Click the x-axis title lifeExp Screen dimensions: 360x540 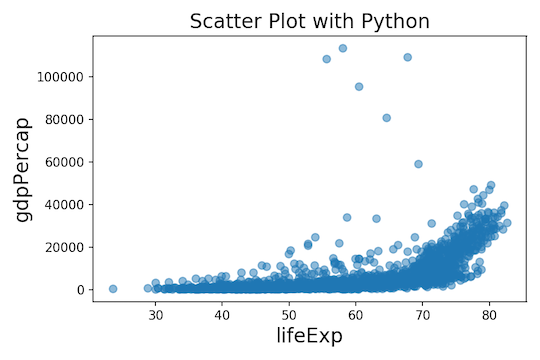coord(309,335)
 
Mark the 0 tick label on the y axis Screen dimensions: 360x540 coord(79,290)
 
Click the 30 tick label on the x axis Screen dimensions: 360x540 coord(156,312)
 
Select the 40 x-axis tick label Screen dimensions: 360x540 coord(223,312)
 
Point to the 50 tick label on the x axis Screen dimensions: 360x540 coord(289,312)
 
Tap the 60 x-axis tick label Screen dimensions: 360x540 coord(356,312)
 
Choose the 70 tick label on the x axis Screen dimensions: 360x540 coord(423,312)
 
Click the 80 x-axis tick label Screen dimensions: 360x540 coord(489,312)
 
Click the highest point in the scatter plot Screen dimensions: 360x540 coord(343,48)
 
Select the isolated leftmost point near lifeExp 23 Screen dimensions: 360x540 coord(113,289)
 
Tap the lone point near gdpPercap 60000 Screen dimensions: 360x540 coord(418,164)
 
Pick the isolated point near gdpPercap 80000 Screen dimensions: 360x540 coord(387,118)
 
